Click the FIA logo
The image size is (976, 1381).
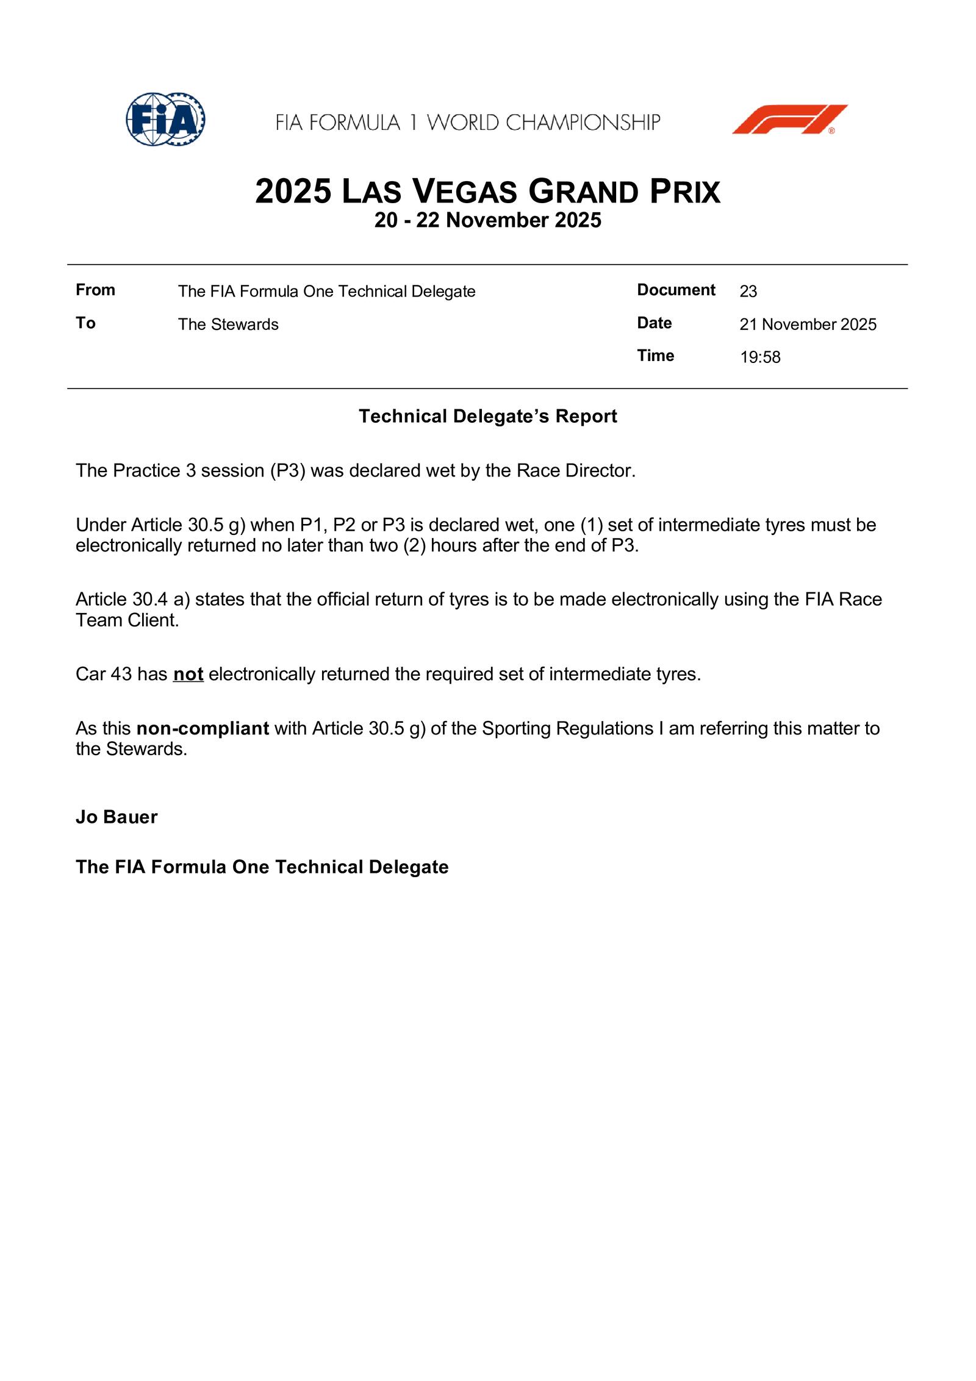pyautogui.click(x=165, y=119)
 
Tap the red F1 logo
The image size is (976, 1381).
pyautogui.click(x=789, y=119)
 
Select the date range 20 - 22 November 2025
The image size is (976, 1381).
pyautogui.click(x=487, y=220)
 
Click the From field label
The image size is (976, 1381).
pyautogui.click(x=95, y=290)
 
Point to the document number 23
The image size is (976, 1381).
pyautogui.click(x=748, y=292)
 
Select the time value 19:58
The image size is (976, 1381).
pyautogui.click(x=760, y=357)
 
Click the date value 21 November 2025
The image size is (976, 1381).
pyautogui.click(x=808, y=325)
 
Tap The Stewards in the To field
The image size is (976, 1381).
pyautogui.click(x=228, y=325)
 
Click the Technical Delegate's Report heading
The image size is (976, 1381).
pyautogui.click(x=487, y=416)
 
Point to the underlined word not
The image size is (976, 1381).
pyautogui.click(x=188, y=674)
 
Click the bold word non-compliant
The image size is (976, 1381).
pyautogui.click(x=203, y=728)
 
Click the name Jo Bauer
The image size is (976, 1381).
pyautogui.click(x=117, y=817)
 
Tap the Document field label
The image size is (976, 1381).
pyautogui.click(x=676, y=290)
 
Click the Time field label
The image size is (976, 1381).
pyautogui.click(x=655, y=356)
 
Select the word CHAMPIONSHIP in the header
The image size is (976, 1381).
pyautogui.click(x=583, y=123)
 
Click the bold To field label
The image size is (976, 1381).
pyautogui.click(x=85, y=323)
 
